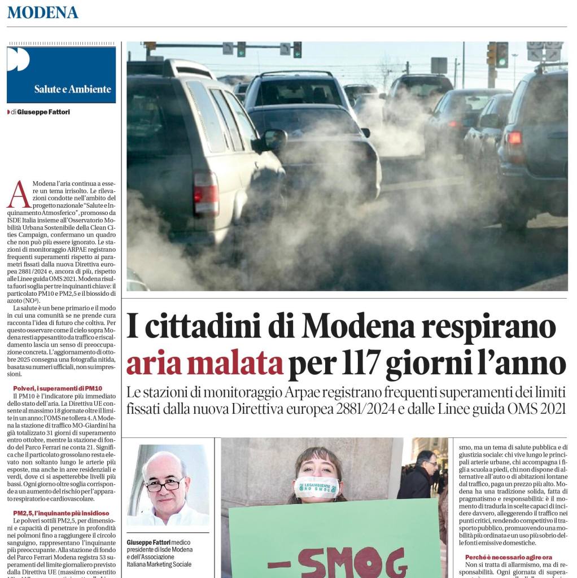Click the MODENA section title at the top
(x=43, y=12)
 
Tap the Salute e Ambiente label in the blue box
(x=72, y=89)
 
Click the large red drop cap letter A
(x=18, y=195)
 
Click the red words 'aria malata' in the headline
(x=204, y=365)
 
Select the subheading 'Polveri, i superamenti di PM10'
(x=58, y=388)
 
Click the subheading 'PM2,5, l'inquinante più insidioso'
(x=61, y=513)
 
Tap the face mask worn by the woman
(x=317, y=487)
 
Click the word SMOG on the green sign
(x=337, y=562)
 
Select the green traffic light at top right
(x=501, y=55)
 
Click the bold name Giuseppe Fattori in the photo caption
(x=150, y=542)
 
